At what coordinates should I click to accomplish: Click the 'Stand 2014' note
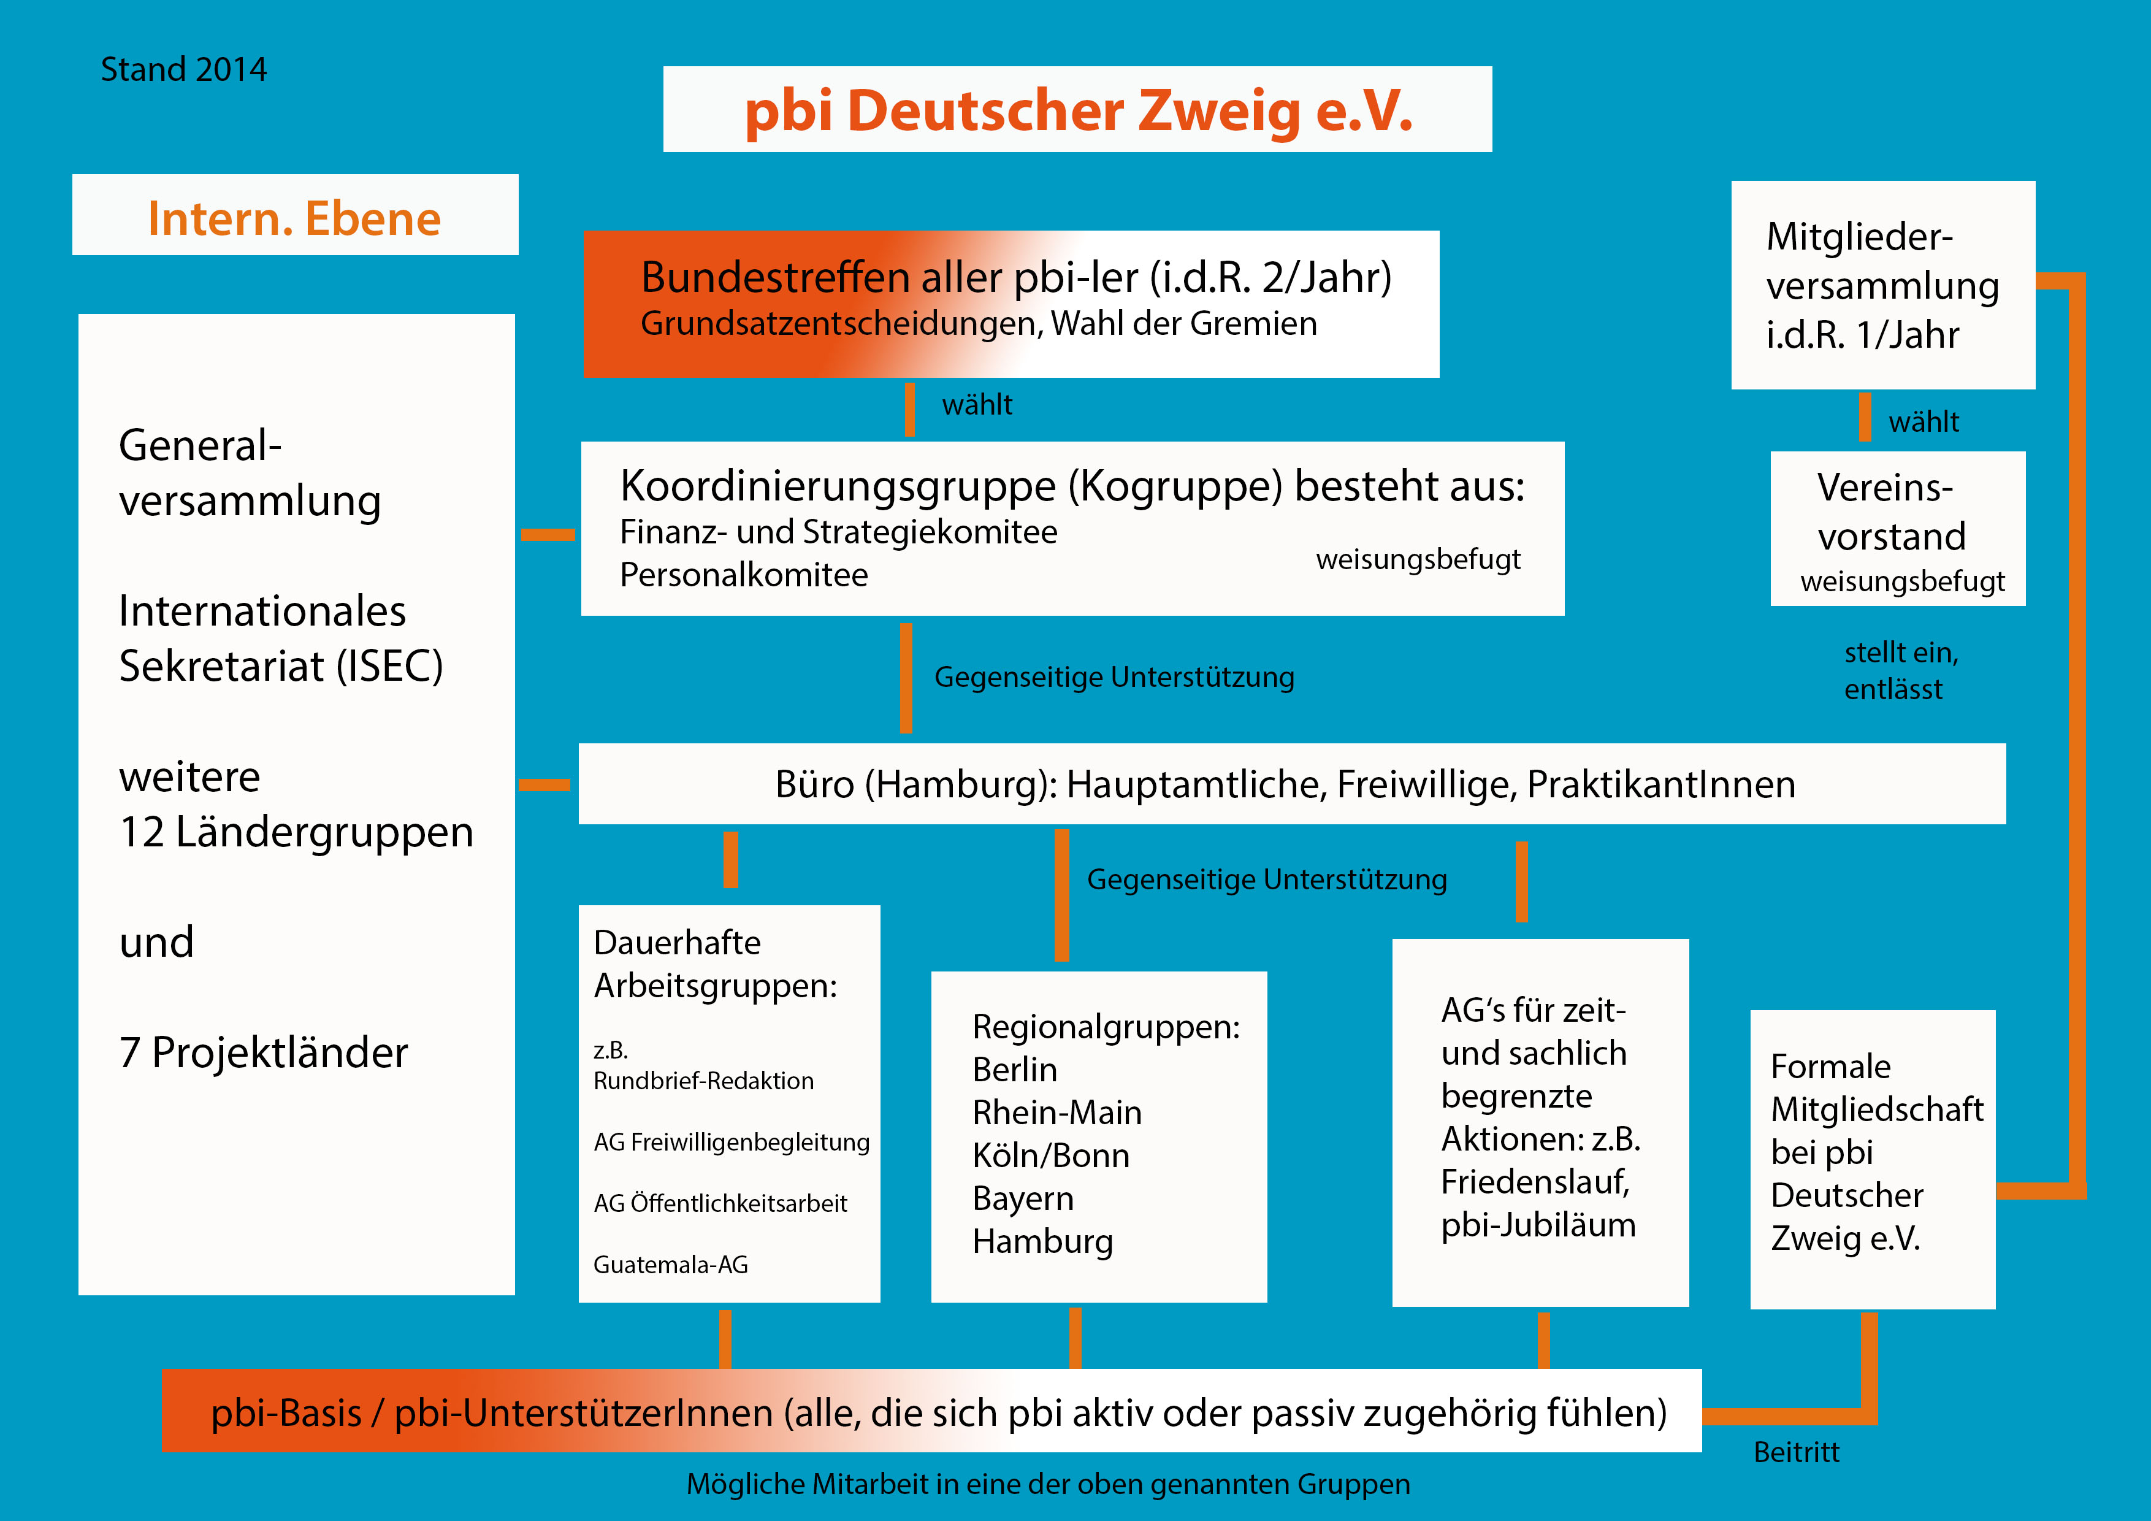pyautogui.click(x=183, y=69)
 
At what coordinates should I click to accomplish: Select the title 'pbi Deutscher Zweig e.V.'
pyautogui.click(x=1077, y=110)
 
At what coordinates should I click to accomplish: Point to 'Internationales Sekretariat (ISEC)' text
pyautogui.click(x=280, y=638)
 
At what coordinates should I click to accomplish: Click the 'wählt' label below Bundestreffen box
pyautogui.click(x=977, y=405)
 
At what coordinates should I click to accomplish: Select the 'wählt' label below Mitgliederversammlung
pyautogui.click(x=1924, y=422)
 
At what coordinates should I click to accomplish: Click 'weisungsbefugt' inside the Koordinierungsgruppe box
pyautogui.click(x=1418, y=559)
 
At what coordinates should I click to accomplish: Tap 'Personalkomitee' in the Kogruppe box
pyautogui.click(x=744, y=575)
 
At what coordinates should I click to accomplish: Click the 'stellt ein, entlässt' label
pyautogui.click(x=1901, y=671)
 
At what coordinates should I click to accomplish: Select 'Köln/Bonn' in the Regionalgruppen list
pyautogui.click(x=1050, y=1155)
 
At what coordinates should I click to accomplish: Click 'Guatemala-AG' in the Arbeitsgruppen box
pyautogui.click(x=671, y=1265)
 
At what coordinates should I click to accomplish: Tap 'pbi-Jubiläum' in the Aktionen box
pyautogui.click(x=1538, y=1225)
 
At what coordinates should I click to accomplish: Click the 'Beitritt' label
pyautogui.click(x=1796, y=1452)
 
